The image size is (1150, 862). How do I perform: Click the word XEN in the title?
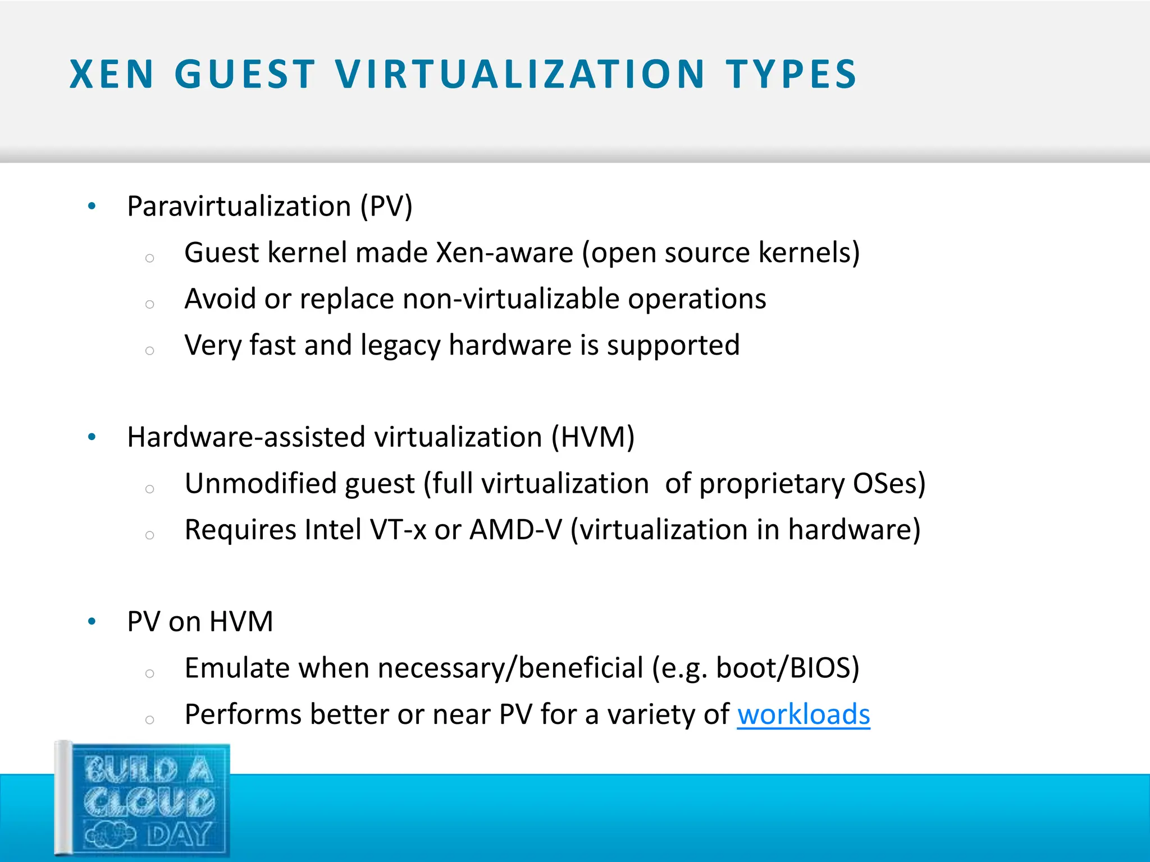point(111,75)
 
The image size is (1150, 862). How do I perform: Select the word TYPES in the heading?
point(791,75)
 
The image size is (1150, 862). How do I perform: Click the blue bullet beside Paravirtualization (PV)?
point(92,207)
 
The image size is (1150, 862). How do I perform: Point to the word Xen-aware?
point(504,253)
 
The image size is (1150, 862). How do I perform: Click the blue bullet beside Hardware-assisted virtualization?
point(92,437)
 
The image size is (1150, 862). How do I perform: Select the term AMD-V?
point(515,530)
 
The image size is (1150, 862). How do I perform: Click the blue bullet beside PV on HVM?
point(92,622)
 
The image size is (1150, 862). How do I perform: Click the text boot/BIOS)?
point(787,668)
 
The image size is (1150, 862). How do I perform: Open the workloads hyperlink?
point(803,715)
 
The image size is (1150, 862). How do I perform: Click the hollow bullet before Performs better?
point(149,720)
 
